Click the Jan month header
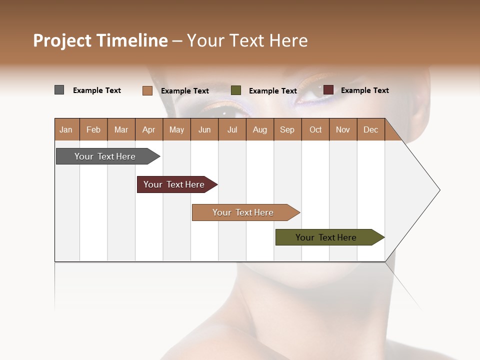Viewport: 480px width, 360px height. tap(66, 129)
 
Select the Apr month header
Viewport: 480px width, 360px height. tap(148, 129)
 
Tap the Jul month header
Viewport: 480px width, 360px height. tap(232, 129)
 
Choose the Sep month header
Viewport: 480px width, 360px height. tap(287, 129)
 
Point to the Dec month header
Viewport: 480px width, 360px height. tap(370, 129)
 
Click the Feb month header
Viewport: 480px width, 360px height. tap(93, 129)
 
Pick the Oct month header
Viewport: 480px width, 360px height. tap(315, 129)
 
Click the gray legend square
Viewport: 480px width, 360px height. tap(59, 90)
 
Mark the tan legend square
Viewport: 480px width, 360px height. tap(147, 90)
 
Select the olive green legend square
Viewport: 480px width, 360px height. tap(236, 90)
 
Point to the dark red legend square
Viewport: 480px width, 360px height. tap(328, 90)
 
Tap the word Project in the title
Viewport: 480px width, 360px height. tap(62, 40)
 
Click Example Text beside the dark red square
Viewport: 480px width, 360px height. tap(364, 90)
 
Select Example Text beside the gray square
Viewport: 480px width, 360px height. tap(97, 90)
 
